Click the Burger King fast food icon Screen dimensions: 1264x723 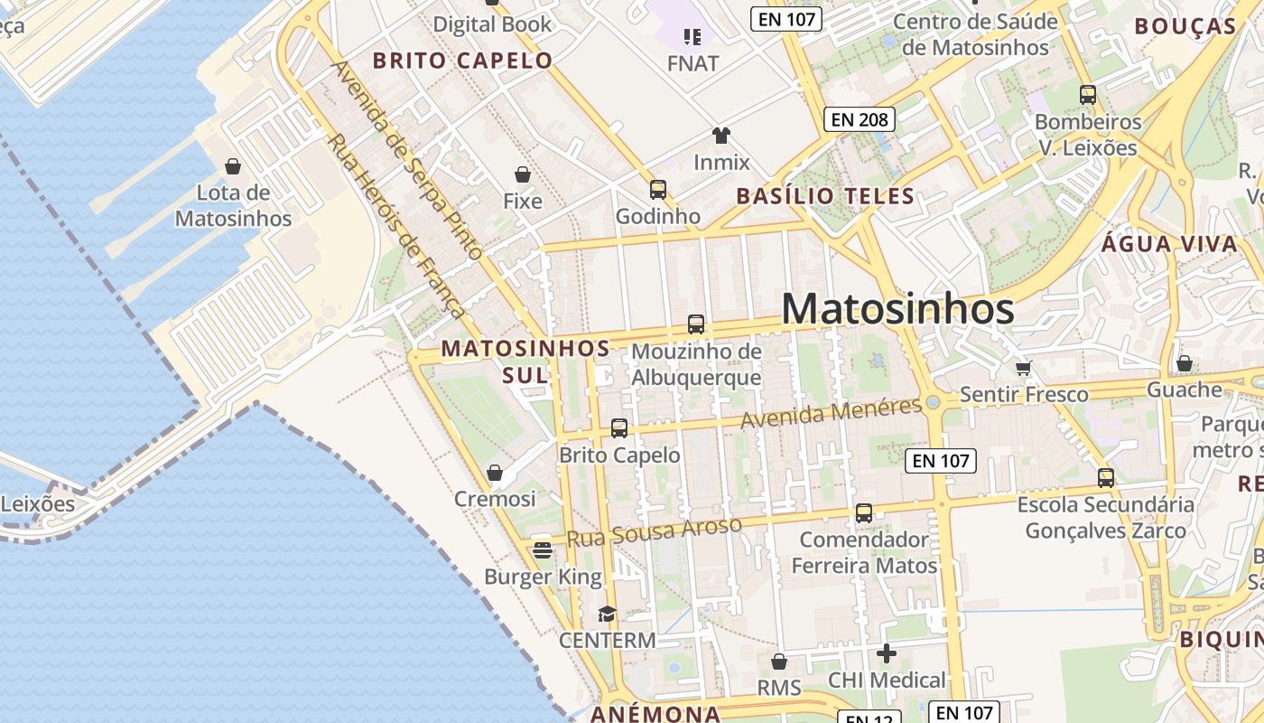pyautogui.click(x=543, y=549)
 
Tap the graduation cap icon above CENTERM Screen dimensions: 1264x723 pyautogui.click(x=607, y=615)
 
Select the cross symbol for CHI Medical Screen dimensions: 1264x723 pyautogui.click(x=887, y=653)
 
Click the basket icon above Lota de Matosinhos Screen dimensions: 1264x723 pyautogui.click(x=233, y=166)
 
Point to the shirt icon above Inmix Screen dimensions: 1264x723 pyautogui.click(x=720, y=136)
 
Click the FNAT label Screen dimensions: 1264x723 pyautogui.click(x=693, y=63)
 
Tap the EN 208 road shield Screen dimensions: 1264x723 pyautogui.click(x=859, y=118)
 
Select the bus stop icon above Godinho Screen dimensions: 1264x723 pyautogui.click(x=658, y=190)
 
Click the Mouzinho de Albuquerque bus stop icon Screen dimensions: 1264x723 pyautogui.click(x=696, y=324)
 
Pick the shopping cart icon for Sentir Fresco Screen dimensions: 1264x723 pyautogui.click(x=1024, y=368)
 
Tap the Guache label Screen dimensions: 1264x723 pyautogui.click(x=1184, y=390)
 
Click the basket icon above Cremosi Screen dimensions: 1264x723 pyautogui.click(x=495, y=473)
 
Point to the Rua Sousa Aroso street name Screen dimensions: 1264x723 pyautogui.click(x=654, y=531)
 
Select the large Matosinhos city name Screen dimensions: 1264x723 pyautogui.click(x=897, y=309)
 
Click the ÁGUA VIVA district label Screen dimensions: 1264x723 pyautogui.click(x=1170, y=244)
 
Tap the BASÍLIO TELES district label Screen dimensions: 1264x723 pyautogui.click(x=825, y=196)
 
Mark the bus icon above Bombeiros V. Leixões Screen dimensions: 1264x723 pyautogui.click(x=1088, y=95)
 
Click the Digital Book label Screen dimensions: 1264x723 pyautogui.click(x=492, y=24)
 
